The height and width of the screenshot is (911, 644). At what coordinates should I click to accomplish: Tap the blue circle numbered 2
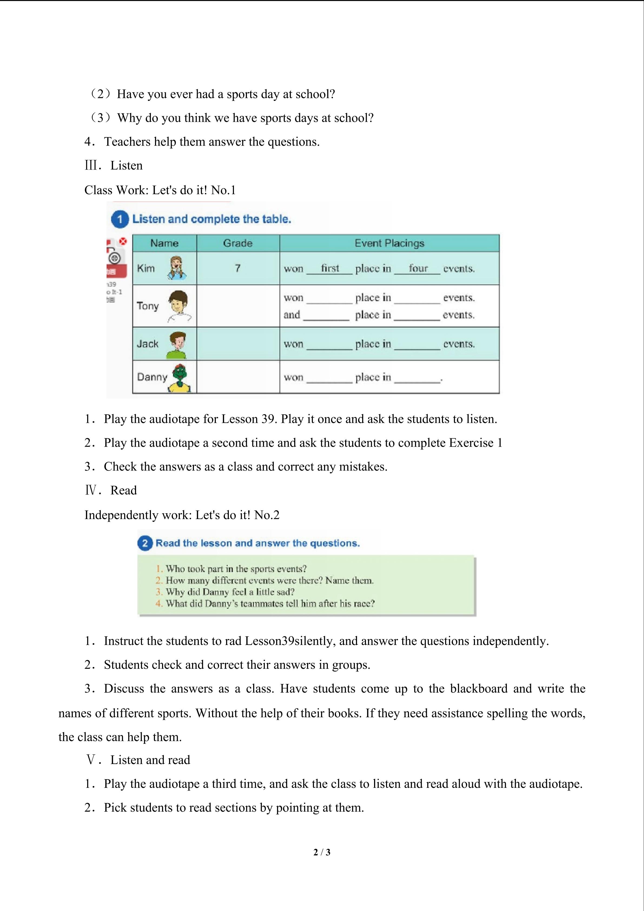pyautogui.click(x=145, y=543)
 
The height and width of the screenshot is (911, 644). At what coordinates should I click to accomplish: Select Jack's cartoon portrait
pyautogui.click(x=177, y=344)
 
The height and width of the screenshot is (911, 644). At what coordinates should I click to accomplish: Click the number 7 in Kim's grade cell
pyautogui.click(x=237, y=268)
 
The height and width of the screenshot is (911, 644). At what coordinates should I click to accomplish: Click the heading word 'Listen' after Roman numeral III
pyautogui.click(x=126, y=166)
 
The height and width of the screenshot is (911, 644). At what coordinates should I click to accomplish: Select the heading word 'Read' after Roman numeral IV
pyautogui.click(x=123, y=491)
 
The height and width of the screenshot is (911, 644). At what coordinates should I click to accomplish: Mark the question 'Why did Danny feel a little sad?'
pyautogui.click(x=230, y=592)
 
